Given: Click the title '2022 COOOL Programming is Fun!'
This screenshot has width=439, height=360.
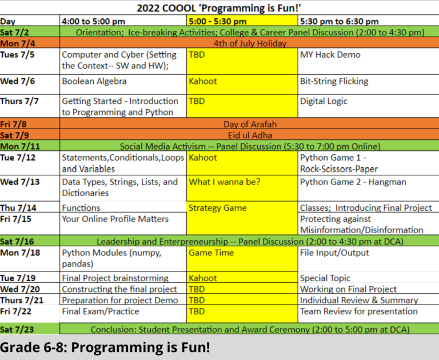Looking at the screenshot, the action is click(x=219, y=8).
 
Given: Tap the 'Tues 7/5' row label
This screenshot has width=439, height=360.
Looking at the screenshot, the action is click(x=17, y=55).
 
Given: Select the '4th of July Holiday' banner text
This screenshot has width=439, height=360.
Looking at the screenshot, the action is click(x=250, y=43).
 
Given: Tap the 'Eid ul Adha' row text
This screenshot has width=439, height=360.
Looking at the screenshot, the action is click(x=250, y=135).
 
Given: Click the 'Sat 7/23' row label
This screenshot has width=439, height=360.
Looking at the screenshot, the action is click(x=17, y=330).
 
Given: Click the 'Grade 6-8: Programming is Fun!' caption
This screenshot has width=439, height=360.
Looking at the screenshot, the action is click(x=105, y=347).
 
